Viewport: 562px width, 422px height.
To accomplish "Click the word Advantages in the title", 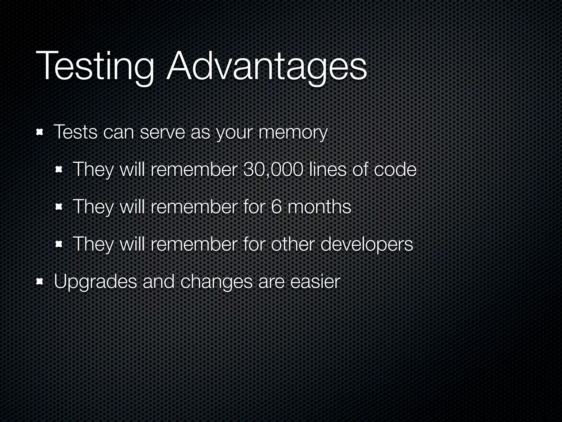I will click(266, 67).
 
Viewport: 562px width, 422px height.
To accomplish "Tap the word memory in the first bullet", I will click(293, 133).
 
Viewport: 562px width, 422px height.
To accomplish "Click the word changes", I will click(216, 282).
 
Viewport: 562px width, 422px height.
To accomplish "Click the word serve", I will click(162, 133).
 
